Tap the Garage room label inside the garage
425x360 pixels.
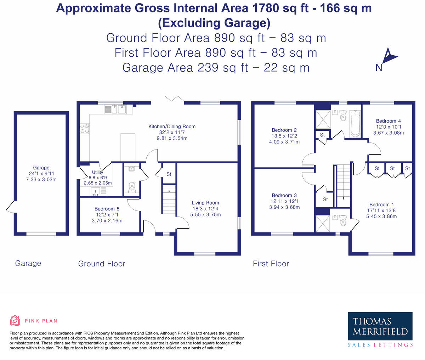pos(41,168)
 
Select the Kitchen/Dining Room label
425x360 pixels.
pos(172,126)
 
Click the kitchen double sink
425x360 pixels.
pos(119,109)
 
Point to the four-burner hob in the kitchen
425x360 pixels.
pos(85,129)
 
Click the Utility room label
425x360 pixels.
pos(97,172)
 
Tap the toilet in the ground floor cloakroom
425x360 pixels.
pos(132,187)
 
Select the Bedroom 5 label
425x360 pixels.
pos(107,209)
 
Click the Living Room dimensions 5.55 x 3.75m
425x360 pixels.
pos(205,215)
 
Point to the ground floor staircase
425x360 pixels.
pos(169,199)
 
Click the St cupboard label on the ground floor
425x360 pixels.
pos(169,174)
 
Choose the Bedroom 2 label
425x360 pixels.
pos(284,130)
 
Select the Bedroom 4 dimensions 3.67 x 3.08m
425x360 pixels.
pos(389,133)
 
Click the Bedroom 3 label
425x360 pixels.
pos(284,195)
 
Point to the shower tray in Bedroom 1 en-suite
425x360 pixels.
pos(323,224)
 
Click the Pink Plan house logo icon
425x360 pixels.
pos(15,320)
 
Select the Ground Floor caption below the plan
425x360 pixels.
pos(102,264)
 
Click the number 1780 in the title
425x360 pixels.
pos(265,8)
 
